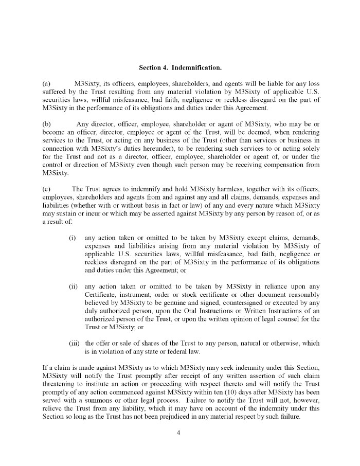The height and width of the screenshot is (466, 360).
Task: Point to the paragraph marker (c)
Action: [x=47, y=189]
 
